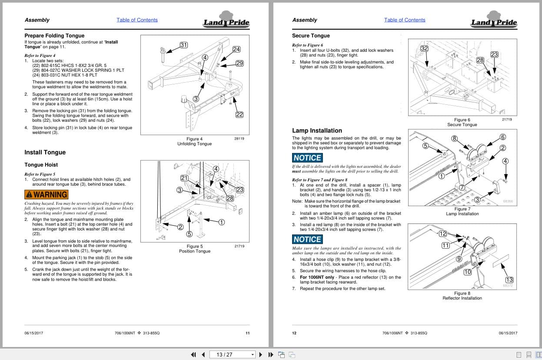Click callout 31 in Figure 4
[x=183, y=45]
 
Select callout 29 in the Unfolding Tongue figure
[x=239, y=63]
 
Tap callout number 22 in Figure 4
[x=239, y=115]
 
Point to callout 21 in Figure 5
[x=184, y=178]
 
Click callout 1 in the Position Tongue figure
[x=221, y=222]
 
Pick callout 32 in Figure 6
[x=424, y=48]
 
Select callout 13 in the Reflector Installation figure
[x=509, y=280]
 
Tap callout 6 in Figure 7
[x=503, y=137]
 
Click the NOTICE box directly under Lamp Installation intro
[x=307, y=158]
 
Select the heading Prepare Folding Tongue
[x=54, y=36]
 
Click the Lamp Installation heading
[x=317, y=130]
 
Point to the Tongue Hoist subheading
[x=41, y=165]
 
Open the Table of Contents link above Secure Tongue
[x=405, y=20]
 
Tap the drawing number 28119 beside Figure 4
[x=239, y=139]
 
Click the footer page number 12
[x=294, y=333]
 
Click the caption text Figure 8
[x=462, y=293]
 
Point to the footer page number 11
[x=247, y=333]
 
